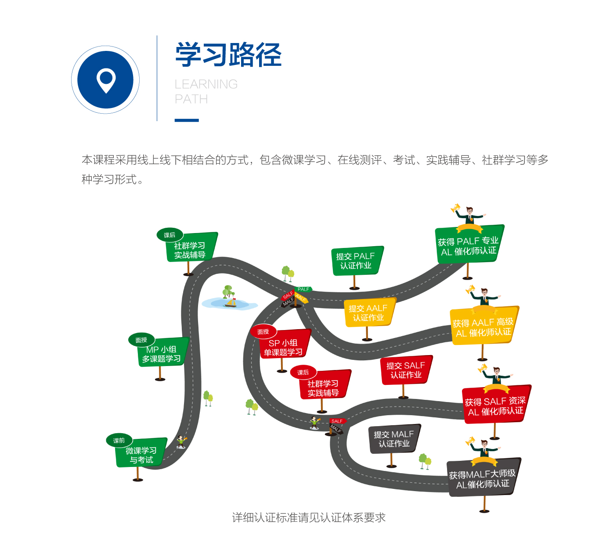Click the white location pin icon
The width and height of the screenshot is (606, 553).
pos(105,80)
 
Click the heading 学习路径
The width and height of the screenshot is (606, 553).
pos(228,55)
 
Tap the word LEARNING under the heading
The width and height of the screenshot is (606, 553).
pos(206,84)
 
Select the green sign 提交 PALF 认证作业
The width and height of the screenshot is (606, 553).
pos(356,261)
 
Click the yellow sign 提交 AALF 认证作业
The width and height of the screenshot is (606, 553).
pos(369,312)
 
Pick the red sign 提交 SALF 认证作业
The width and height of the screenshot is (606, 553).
pos(406,370)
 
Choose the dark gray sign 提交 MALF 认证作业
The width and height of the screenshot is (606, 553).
pos(394,439)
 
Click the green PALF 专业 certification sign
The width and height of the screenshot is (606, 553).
pos(469,246)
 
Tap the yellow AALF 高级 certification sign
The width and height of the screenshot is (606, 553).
pos(483,327)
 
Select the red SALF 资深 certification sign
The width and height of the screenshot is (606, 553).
pos(495,406)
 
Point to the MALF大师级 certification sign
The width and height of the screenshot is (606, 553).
pos(483,478)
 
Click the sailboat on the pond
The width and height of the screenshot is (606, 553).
pos(231,302)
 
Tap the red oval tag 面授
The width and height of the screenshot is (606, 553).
pos(263,332)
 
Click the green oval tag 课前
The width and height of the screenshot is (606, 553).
pos(119,440)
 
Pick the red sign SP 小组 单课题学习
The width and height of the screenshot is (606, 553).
pos(284,347)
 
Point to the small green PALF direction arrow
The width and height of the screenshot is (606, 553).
pos(303,289)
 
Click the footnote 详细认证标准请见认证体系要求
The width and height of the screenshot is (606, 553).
pos(309,518)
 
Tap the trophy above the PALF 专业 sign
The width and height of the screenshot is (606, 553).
pos(455,208)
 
